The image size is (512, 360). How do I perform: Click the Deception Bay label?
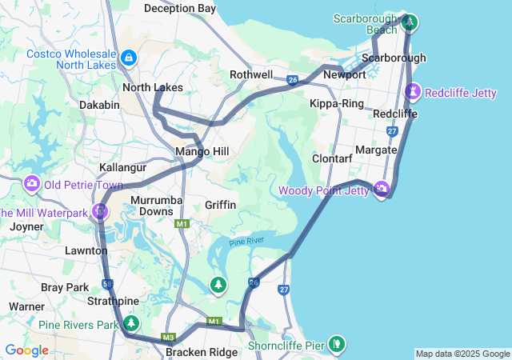click(x=180, y=8)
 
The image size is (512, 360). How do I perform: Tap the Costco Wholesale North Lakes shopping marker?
click(x=129, y=58)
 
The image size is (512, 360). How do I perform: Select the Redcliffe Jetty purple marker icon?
click(x=413, y=92)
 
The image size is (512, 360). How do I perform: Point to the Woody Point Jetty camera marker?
click(x=381, y=189)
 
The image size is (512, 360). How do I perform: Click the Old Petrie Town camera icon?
click(x=32, y=184)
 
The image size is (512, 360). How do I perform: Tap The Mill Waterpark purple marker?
click(x=100, y=212)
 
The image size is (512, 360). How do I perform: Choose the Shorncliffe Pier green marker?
click(x=337, y=343)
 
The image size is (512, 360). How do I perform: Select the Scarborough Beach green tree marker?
click(x=409, y=22)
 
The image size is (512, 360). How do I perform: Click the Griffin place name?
click(x=220, y=205)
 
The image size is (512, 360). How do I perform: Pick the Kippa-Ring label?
click(x=336, y=104)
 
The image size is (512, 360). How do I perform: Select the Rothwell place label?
click(x=251, y=74)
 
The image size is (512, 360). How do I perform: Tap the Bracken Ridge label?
click(x=202, y=352)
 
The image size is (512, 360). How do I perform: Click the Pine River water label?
click(x=246, y=242)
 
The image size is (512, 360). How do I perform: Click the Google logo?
click(x=26, y=350)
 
